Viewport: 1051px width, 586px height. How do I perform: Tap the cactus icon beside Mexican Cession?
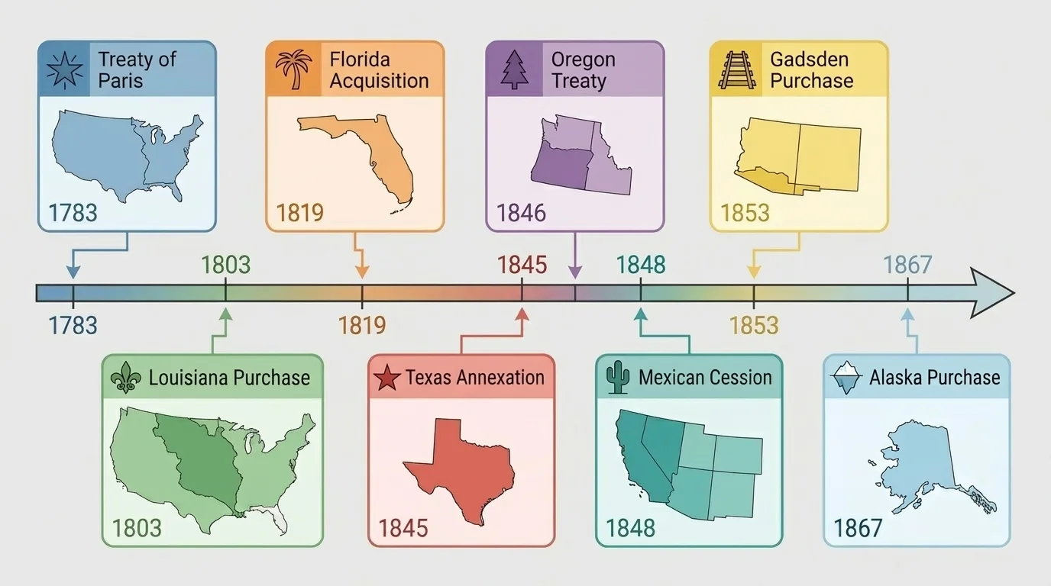point(616,378)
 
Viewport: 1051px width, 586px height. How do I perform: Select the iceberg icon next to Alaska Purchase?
point(846,376)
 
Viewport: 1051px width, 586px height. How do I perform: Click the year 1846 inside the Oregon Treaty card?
point(521,212)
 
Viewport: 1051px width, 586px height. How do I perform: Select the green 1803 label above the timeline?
point(225,265)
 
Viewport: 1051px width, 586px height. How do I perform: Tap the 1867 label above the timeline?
point(907,265)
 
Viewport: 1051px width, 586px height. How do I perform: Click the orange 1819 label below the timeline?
point(362,326)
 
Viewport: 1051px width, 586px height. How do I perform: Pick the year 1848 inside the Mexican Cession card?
point(630,527)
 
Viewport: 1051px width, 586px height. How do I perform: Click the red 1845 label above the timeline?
point(522,265)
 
